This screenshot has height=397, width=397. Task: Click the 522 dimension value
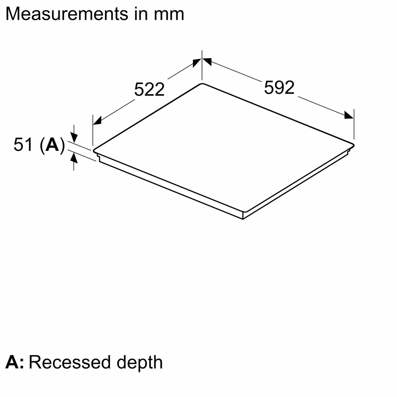pyautogui.click(x=149, y=89)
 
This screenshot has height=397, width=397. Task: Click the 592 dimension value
pyautogui.click(x=279, y=88)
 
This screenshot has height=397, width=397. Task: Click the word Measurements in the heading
pyautogui.click(x=66, y=14)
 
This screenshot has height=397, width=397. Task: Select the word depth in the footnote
pyautogui.click(x=139, y=363)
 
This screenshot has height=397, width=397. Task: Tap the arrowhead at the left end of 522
pyautogui.click(x=97, y=120)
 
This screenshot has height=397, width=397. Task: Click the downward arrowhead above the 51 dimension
pyautogui.click(x=74, y=137)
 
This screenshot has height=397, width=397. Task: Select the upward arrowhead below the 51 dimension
pyautogui.click(x=74, y=159)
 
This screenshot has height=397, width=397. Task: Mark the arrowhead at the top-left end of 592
pyautogui.click(x=207, y=62)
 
